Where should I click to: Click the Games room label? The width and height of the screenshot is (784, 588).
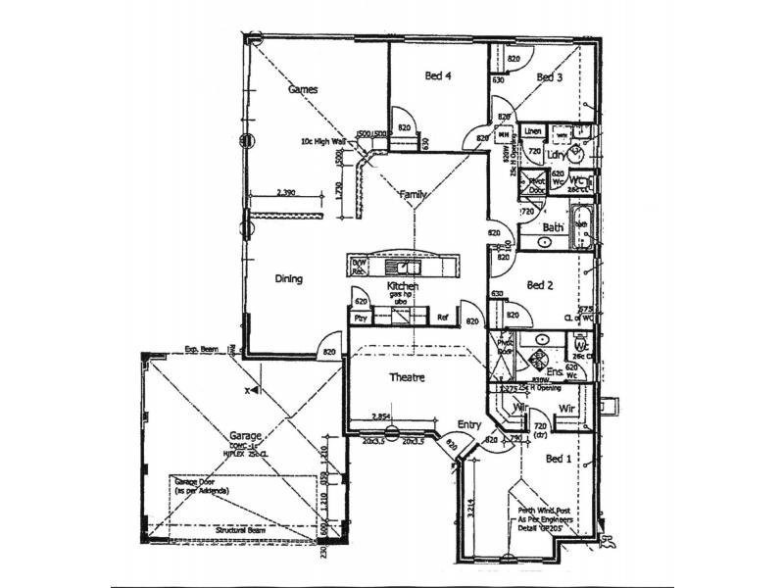[303, 89]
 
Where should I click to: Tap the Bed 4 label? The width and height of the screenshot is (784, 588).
[438, 75]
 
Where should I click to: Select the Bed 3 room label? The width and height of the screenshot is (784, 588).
[549, 76]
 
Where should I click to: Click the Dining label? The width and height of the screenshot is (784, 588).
[288, 279]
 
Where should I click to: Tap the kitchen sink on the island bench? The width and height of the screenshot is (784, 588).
[403, 267]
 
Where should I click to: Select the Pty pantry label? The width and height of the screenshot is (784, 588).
[360, 318]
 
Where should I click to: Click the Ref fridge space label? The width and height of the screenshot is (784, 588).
[443, 318]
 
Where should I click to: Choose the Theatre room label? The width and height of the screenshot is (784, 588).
[406, 378]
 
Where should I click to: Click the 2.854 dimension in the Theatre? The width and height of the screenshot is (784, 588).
[384, 416]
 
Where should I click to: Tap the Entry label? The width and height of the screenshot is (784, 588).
[469, 424]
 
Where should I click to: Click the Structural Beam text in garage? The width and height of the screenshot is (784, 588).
[244, 529]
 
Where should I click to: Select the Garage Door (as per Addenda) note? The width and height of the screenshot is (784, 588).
[201, 487]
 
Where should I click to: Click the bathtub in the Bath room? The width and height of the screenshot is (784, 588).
[581, 229]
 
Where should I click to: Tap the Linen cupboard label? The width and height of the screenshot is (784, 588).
[533, 130]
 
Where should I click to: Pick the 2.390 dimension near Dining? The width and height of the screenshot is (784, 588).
[286, 193]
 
